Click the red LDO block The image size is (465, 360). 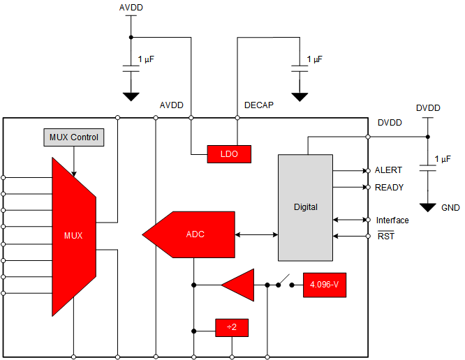pyautogui.click(x=228, y=154)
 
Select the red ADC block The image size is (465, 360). pyautogui.click(x=190, y=234)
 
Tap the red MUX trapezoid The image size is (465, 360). pyautogui.click(x=73, y=236)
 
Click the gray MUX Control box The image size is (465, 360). pyautogui.click(x=74, y=137)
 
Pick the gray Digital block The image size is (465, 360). pyautogui.click(x=305, y=207)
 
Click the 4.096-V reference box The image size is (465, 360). pyautogui.click(x=324, y=285)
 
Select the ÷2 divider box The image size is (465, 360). pyautogui.click(x=231, y=327)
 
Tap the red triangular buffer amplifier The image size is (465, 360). pyautogui.click(x=239, y=285)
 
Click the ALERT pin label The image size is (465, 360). pyautogui.click(x=388, y=170)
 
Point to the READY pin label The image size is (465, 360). pyautogui.click(x=389, y=187)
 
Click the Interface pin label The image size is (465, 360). pyautogui.click(x=392, y=220)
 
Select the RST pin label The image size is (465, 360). pyautogui.click(x=385, y=237)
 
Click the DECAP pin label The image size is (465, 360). pyautogui.click(x=258, y=105)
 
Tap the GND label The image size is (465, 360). pyautogui.click(x=450, y=207)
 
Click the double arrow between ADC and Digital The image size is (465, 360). pyautogui.click(x=257, y=234)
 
